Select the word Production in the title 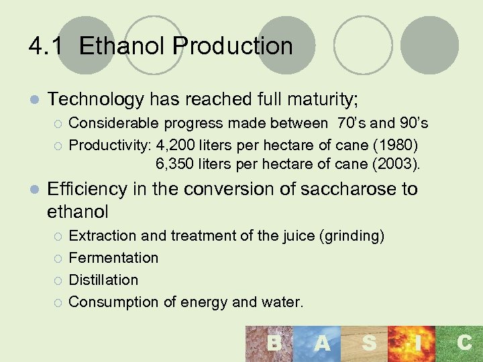pos(233,46)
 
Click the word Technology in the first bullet pos(95,100)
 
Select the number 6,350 pos(177,163)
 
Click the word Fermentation pos(113,258)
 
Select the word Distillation pos(103,280)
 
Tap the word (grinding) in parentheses pos(352,236)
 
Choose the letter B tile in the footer pos(274,343)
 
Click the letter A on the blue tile pos(322,343)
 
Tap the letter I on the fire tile pos(417,343)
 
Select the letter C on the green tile pos(464,343)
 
